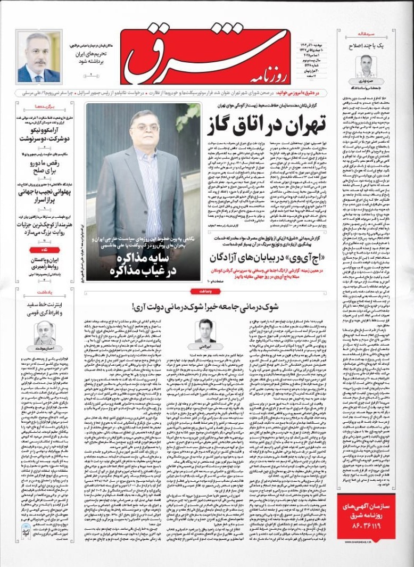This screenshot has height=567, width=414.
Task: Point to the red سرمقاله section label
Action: click(x=355, y=35)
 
